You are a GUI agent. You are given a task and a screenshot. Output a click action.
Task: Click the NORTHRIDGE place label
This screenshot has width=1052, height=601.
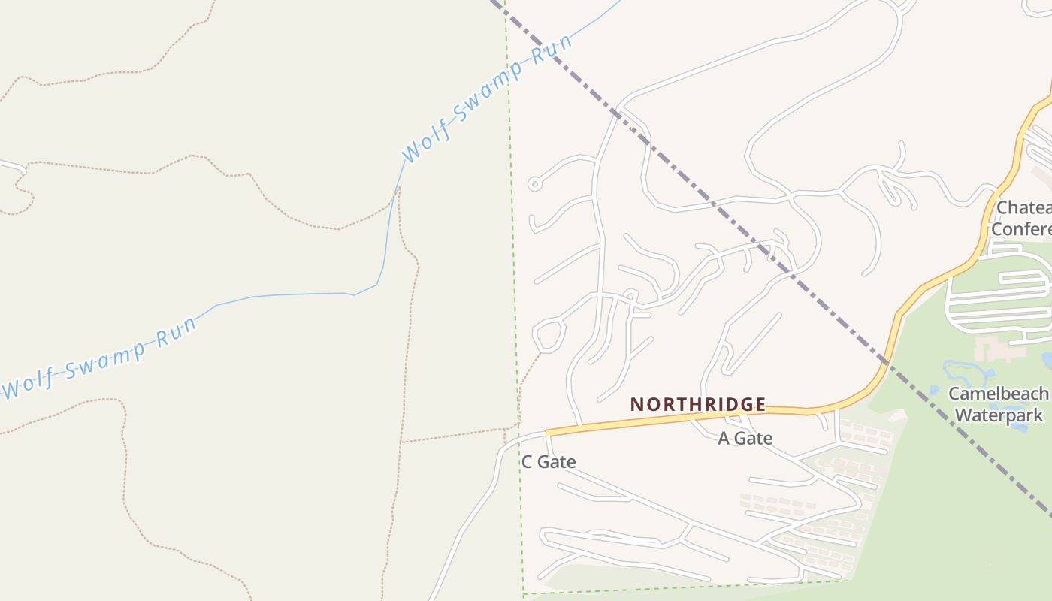coord(698,405)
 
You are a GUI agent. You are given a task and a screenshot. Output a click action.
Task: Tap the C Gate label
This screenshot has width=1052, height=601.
coord(549,462)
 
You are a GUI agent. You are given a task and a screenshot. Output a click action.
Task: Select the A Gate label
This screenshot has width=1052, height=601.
coord(745,439)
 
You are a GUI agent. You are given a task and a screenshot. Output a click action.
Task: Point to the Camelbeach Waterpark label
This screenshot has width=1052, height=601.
coord(998,404)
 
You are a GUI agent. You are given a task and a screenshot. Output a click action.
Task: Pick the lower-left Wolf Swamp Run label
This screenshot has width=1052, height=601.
coord(100,358)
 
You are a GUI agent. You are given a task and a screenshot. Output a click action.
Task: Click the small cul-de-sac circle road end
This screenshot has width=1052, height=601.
coord(534,183)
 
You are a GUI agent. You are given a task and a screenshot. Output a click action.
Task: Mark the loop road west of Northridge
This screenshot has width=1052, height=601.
coord(549,335)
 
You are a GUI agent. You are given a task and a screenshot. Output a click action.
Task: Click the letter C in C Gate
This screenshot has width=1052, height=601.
coord(528,462)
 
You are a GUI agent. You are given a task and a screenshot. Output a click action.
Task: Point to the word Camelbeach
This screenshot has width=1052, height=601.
coord(998,394)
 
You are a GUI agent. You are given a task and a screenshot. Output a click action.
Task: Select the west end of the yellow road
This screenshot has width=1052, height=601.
coord(549,433)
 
